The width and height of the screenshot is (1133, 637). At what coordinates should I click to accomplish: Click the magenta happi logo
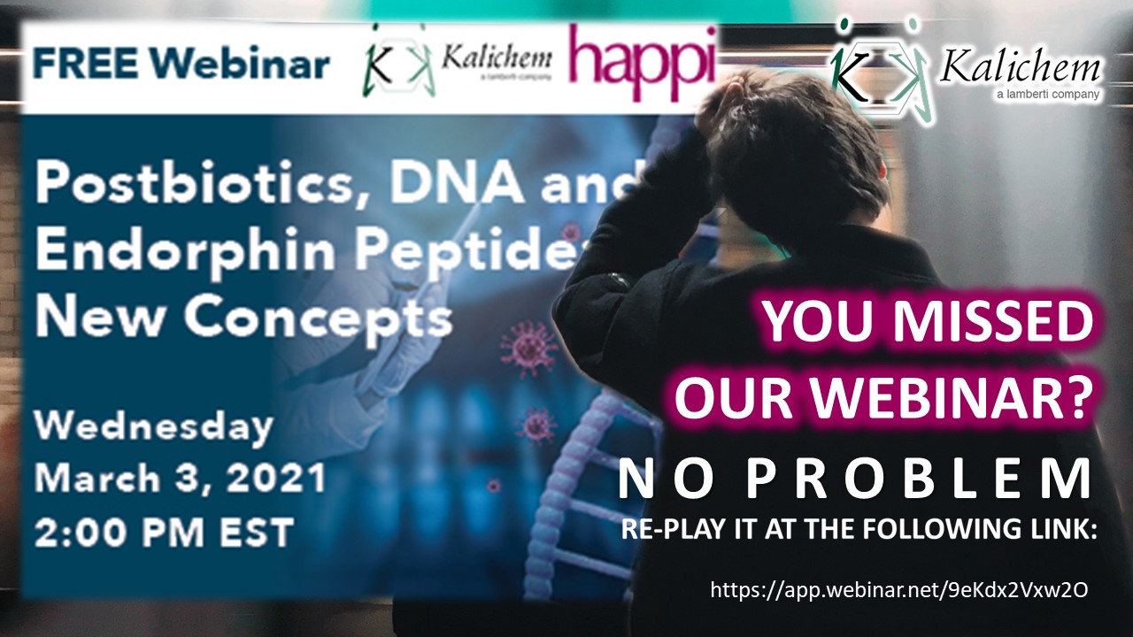pyautogui.click(x=643, y=63)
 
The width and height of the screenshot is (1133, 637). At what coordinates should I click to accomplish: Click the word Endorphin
pyautogui.click(x=185, y=249)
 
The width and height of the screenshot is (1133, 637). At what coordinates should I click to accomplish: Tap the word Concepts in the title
pyautogui.click(x=318, y=318)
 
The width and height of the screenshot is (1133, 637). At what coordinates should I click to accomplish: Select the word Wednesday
pyautogui.click(x=154, y=427)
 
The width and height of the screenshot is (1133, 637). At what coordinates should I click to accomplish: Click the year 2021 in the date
pyautogui.click(x=275, y=478)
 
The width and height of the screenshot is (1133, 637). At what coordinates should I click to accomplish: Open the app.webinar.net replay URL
pyautogui.click(x=898, y=590)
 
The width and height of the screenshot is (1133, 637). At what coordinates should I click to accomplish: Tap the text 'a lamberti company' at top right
pyautogui.click(x=1047, y=94)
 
